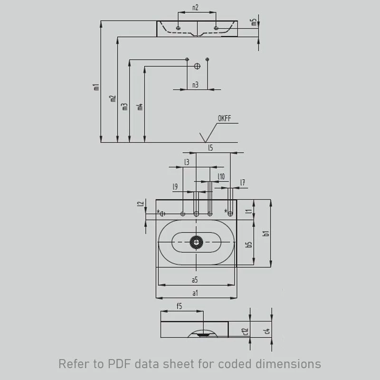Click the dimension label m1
click(96, 87)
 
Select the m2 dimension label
click(113, 98)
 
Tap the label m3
click(125, 106)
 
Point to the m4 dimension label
click(140, 106)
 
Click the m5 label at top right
click(254, 22)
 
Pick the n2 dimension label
click(195, 8)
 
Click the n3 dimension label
click(195, 85)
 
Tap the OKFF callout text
click(224, 119)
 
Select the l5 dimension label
click(210, 148)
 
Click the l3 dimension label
click(187, 162)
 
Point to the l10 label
click(221, 177)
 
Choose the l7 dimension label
click(243, 182)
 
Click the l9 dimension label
click(175, 187)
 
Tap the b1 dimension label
click(266, 233)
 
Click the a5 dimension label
click(195, 280)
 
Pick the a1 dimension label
click(195, 293)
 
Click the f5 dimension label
click(180, 306)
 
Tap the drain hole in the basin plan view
click(196, 242)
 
